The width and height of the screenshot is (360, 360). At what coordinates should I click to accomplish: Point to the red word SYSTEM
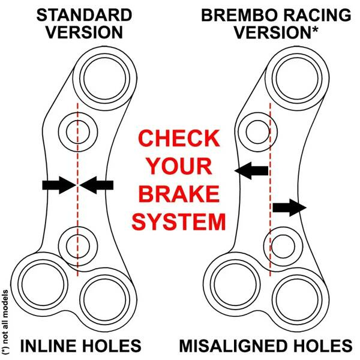179,222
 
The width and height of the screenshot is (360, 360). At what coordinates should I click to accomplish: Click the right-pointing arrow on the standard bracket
59,185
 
